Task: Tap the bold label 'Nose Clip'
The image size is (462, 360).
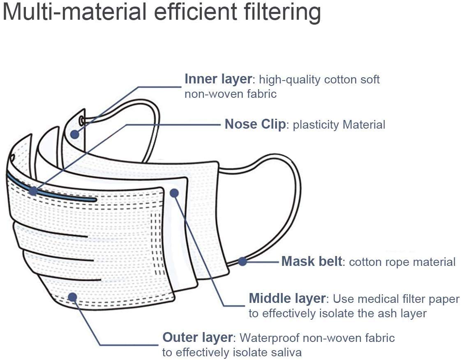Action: pos(255,125)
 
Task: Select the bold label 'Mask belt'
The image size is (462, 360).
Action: pos(312,261)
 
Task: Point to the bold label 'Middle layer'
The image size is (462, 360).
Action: pos(287,298)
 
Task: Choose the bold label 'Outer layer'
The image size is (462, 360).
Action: pos(197,338)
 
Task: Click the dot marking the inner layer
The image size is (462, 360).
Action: pos(75,134)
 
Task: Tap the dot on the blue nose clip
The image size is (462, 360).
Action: pos(33,191)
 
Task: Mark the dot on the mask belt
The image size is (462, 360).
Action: pos(243,261)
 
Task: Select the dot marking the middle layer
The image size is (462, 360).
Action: pos(174,193)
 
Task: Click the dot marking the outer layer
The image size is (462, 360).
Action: pos(72,297)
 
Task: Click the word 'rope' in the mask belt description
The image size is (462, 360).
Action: pos(391,262)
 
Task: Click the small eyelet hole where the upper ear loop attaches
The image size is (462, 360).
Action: pos(82,120)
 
